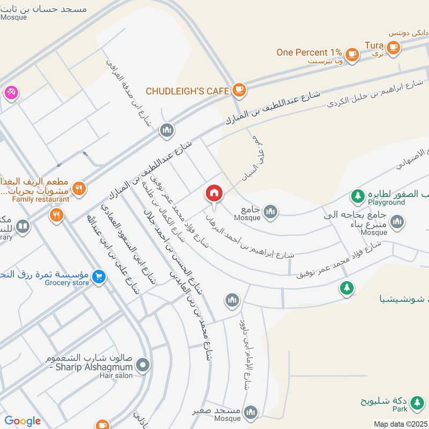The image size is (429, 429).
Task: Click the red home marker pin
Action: (x=214, y=194)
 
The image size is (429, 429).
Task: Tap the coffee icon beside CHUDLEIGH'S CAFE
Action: (x=239, y=90)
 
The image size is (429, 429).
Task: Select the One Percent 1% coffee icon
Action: (x=352, y=53)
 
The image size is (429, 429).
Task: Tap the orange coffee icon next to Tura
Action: (x=394, y=47)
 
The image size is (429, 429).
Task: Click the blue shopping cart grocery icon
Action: (x=98, y=277)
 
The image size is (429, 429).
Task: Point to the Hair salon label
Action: (x=116, y=376)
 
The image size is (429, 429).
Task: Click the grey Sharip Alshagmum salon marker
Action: (x=143, y=367)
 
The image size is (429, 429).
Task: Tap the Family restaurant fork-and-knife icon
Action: (x=79, y=188)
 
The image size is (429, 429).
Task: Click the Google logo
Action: (x=23, y=421)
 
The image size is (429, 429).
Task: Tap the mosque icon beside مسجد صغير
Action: (x=250, y=412)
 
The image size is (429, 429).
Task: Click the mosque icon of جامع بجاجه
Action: (x=397, y=221)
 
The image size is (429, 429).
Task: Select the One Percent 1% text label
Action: (x=309, y=53)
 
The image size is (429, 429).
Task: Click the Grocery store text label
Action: (x=67, y=283)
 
